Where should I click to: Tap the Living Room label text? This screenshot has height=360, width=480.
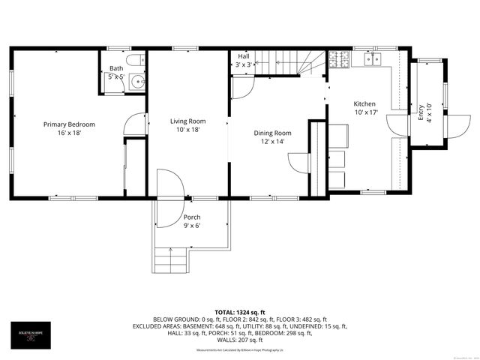pyautogui.click(x=187, y=121)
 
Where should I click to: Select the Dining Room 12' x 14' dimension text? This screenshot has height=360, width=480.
pyautogui.click(x=272, y=141)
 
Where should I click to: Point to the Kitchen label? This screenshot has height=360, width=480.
pyautogui.click(x=365, y=104)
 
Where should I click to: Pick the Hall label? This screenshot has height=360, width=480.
pyautogui.click(x=244, y=56)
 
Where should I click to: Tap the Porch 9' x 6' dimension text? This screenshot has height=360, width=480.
pyautogui.click(x=192, y=226)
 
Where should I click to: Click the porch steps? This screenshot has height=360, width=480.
pyautogui.click(x=171, y=262)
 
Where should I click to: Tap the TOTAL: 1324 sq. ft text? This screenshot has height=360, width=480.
pyautogui.click(x=239, y=311)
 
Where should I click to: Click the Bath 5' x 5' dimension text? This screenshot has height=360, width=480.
pyautogui.click(x=115, y=76)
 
